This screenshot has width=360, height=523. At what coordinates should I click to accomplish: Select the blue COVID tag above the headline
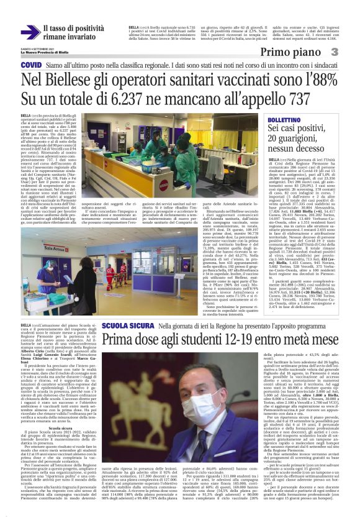pyautogui.click(x=31, y=65)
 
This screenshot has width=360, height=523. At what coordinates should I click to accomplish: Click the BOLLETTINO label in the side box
pyautogui.click(x=285, y=119)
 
